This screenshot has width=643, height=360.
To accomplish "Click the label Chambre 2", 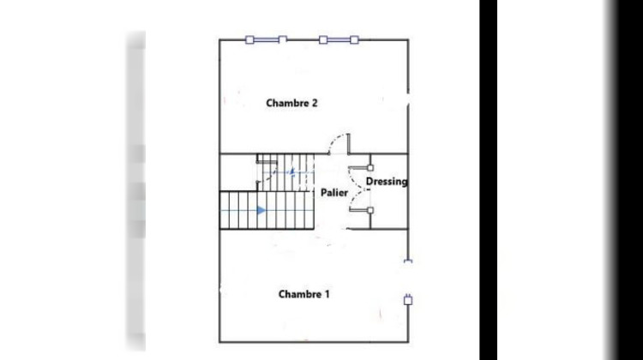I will (292, 103).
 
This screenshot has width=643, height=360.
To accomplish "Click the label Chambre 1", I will (304, 294).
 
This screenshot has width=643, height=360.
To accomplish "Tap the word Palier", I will (334, 193).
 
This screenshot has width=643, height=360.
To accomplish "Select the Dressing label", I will (387, 182).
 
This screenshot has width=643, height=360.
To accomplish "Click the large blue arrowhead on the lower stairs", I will (262, 209).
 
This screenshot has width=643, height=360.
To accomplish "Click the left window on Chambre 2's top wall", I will (266, 39).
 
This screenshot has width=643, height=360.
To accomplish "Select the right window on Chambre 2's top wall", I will (339, 39).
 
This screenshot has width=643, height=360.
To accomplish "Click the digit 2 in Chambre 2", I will (315, 103).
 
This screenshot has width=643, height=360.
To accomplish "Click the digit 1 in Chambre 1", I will (327, 294).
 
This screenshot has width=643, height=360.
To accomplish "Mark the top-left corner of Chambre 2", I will (220, 39).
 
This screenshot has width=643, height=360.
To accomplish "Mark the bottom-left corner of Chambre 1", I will (220, 342).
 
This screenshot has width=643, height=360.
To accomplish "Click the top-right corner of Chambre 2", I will (409, 39).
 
